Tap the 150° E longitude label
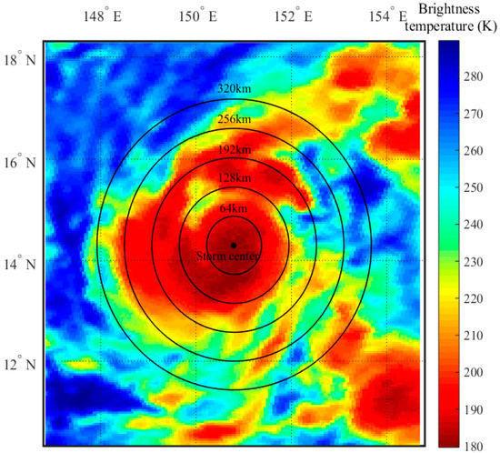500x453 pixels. [198, 17]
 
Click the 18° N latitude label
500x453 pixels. [19, 60]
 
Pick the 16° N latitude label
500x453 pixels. [19, 162]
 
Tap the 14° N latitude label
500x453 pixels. [19, 264]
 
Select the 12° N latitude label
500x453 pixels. [19, 365]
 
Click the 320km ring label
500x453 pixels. [234, 89]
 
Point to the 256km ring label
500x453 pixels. [234, 119]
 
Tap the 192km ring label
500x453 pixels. [234, 149]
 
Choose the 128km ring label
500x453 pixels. [234, 179]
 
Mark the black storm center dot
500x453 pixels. [234, 245]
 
